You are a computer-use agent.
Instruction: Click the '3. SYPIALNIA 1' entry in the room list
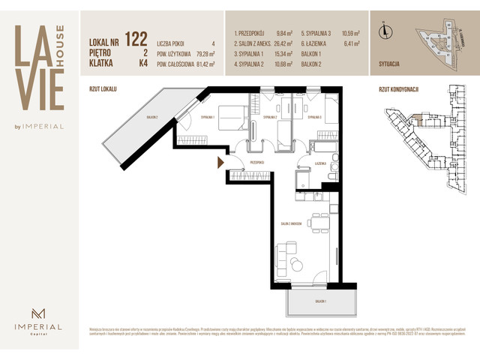[x=251, y=55]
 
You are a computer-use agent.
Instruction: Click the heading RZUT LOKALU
[x=103, y=88]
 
